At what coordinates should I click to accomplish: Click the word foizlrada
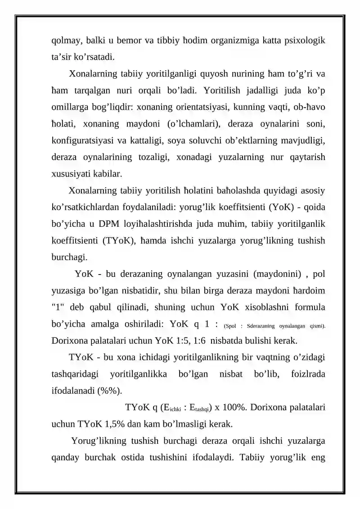[x=306, y=373]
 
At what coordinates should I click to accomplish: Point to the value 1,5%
[x=114, y=423]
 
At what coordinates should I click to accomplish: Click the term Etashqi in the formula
[x=198, y=409]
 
